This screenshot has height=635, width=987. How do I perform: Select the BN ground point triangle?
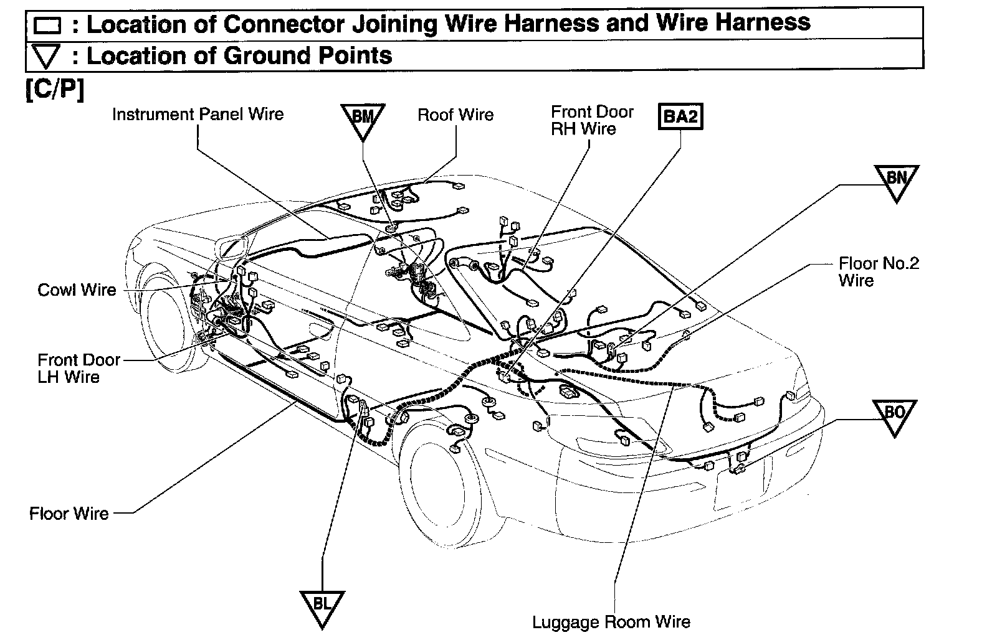(896, 181)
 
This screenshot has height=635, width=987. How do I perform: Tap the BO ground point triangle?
(894, 415)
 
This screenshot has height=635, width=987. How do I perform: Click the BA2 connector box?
(680, 116)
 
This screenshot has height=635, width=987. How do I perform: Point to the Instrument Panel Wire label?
(198, 115)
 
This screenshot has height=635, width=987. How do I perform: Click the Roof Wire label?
(455, 115)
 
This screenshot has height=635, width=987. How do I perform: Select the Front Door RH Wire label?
(591, 120)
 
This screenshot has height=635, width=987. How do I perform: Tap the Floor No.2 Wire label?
(878, 271)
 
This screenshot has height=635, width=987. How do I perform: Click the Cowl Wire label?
(77, 290)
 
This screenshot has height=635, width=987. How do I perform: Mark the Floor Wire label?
(69, 514)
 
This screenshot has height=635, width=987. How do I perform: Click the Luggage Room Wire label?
(611, 622)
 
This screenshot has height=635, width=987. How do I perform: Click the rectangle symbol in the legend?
(47, 26)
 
